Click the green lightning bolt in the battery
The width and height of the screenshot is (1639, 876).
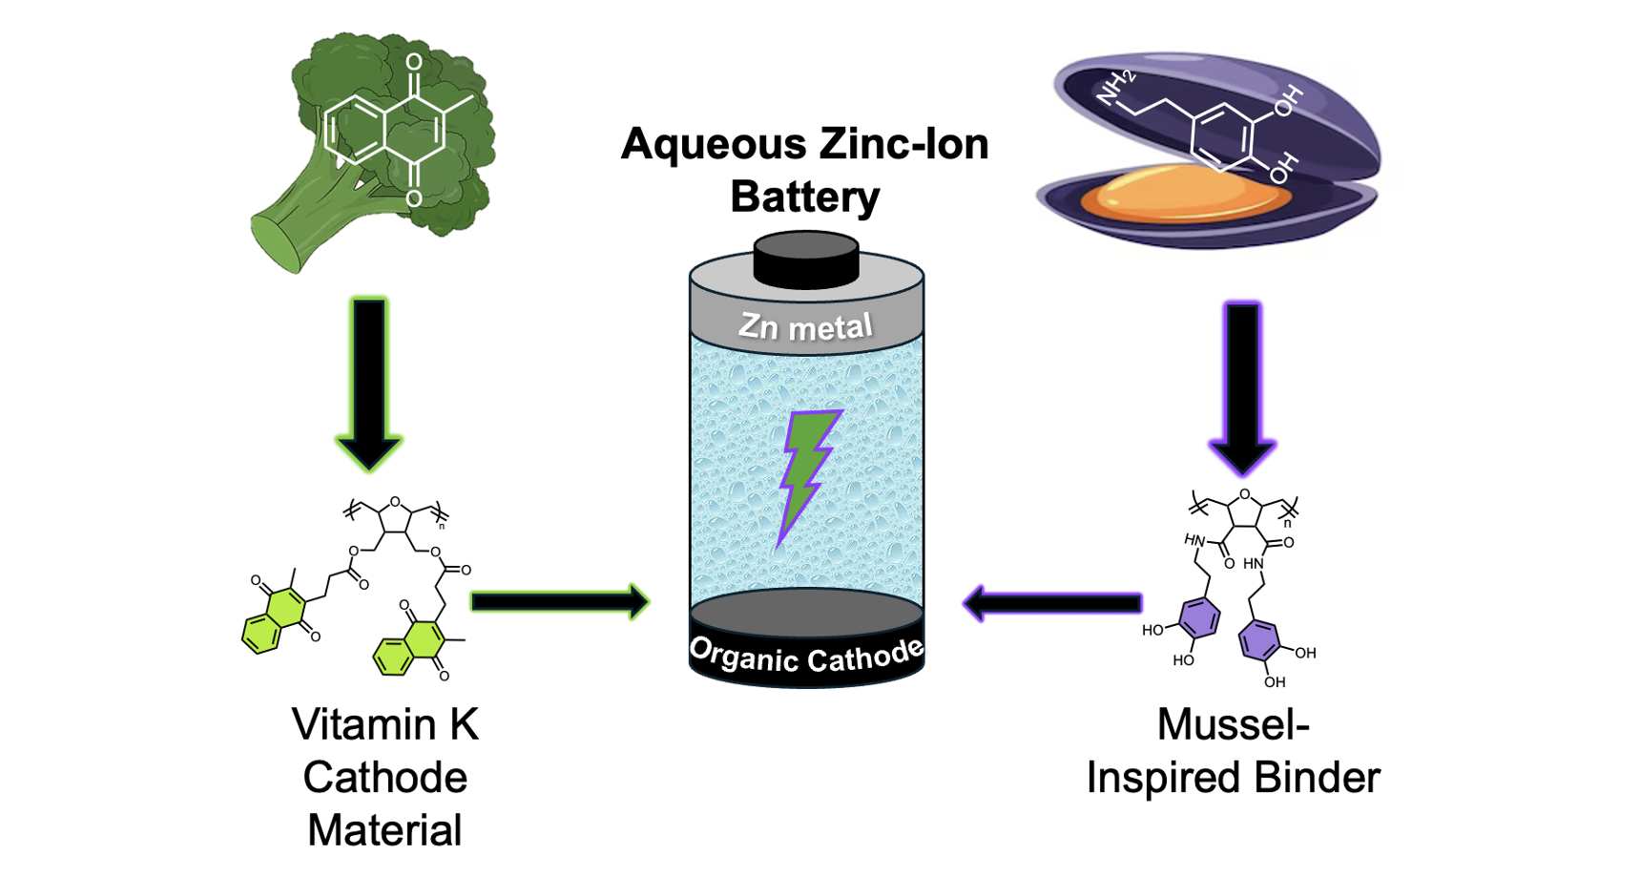coord(807,471)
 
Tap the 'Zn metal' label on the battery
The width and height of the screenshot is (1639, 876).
coord(806,327)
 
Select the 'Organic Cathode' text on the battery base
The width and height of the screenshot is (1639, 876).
coord(806,656)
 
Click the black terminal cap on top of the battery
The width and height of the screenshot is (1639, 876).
coord(806,259)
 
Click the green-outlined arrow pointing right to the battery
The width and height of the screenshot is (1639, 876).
coord(559,601)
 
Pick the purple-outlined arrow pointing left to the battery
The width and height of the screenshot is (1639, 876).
coord(1053,602)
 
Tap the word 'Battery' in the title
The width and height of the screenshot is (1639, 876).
coord(805,198)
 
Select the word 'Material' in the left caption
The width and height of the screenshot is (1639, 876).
coord(384,830)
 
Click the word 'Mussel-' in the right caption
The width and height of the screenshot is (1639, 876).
coord(1233,725)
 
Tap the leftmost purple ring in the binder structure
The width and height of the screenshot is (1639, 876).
coord(1199,618)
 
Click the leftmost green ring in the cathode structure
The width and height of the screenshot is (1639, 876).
coord(261,634)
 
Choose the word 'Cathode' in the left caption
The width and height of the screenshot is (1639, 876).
coord(384,778)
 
